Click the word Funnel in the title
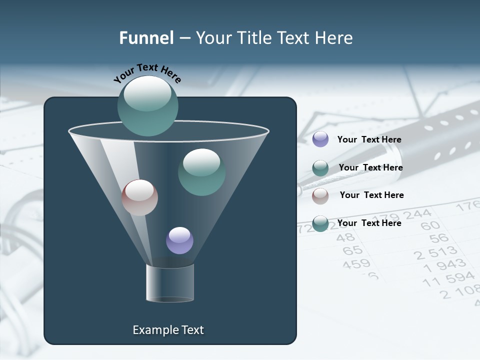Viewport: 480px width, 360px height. (146, 38)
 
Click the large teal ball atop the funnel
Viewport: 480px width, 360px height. (148, 105)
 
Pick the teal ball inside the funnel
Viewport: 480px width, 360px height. (201, 172)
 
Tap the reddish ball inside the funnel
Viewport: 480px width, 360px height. (139, 197)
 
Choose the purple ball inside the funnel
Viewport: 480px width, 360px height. (179, 240)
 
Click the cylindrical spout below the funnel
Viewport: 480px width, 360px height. (170, 283)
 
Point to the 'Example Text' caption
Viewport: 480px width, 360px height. (168, 330)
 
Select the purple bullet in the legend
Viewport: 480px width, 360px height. (320, 139)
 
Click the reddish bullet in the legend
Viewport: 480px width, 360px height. (320, 196)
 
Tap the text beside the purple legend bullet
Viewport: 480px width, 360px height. (369, 140)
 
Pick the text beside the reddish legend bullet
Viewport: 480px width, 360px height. (371, 195)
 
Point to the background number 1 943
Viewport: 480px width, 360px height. (444, 265)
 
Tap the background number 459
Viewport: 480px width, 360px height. (356, 263)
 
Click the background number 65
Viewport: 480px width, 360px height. (352, 249)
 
